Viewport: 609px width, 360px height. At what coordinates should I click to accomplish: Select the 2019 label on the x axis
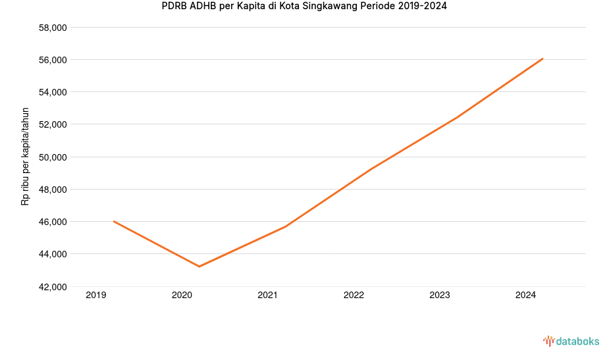[x=96, y=296]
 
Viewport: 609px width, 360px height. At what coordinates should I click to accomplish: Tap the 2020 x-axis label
[x=182, y=296]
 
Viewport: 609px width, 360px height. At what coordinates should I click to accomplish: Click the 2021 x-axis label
[x=268, y=296]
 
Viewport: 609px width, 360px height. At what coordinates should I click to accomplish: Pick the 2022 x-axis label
[x=354, y=296]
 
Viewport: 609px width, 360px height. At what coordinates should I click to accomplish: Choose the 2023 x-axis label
[x=440, y=296]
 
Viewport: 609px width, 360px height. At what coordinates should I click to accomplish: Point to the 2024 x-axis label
[x=525, y=296]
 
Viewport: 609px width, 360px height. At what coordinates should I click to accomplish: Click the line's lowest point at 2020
[x=199, y=267]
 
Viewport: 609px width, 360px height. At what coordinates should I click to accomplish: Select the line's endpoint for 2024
[x=543, y=59]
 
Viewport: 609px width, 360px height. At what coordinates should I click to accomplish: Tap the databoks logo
[x=571, y=341]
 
